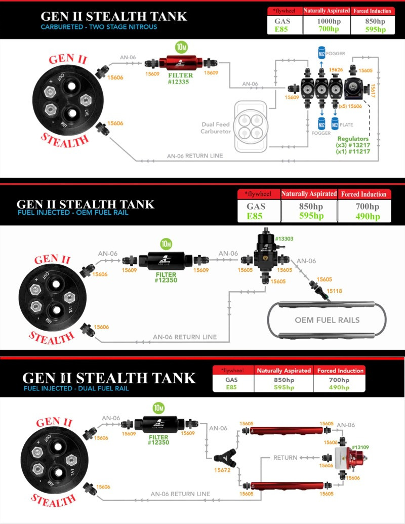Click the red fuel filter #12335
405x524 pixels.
(181, 63)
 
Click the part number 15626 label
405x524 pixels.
(336, 70)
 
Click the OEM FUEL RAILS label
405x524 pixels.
(327, 320)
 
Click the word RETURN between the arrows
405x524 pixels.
(285, 457)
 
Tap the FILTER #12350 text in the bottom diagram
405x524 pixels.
(158, 439)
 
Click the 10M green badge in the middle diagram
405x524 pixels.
(166, 243)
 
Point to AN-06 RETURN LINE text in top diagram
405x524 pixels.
(195, 156)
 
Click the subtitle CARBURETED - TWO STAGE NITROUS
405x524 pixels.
(99, 27)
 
